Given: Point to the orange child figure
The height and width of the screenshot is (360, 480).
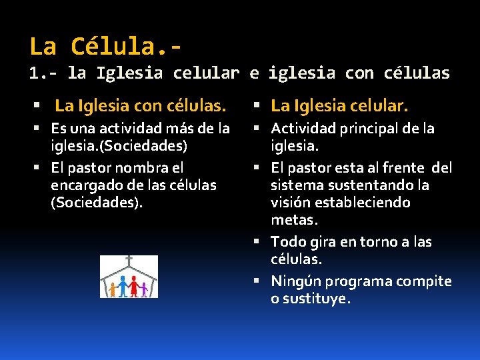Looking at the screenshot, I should pos(113,289).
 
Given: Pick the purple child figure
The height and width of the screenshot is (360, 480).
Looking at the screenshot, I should pos(144,289).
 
